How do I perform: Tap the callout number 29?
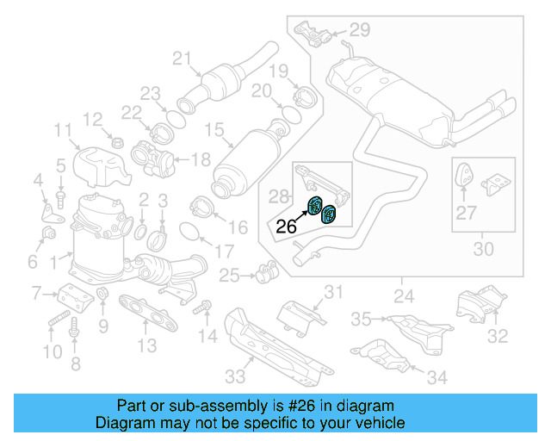pos(360,30)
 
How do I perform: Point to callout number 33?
pos(235,376)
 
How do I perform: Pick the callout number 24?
pos(403,299)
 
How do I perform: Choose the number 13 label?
pos(147,345)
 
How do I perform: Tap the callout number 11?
pos(63,131)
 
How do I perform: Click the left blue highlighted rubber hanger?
pos(316,205)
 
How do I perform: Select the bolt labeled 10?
pos(55,324)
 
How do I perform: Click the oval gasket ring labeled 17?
pos(194,232)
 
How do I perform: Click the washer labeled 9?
pos(102,298)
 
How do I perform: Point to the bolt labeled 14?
pos(203,306)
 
